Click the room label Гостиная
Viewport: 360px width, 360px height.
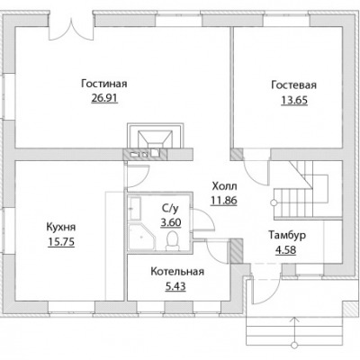tap(104, 84)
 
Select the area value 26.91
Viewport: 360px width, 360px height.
tap(104, 98)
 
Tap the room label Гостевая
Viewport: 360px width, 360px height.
tap(293, 85)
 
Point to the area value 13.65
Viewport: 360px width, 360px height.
tap(294, 100)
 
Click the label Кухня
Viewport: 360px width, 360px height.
tap(61, 227)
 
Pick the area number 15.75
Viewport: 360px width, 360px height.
tap(61, 242)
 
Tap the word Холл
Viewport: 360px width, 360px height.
tap(224, 186)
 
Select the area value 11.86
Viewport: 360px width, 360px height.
tap(224, 200)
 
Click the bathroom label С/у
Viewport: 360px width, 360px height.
tap(170, 208)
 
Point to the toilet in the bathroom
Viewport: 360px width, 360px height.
tap(173, 240)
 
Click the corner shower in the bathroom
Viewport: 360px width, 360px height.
tap(141, 237)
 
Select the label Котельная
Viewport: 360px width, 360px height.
tap(177, 272)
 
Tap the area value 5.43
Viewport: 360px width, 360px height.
tap(175, 286)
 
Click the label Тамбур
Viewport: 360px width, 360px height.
tap(287, 235)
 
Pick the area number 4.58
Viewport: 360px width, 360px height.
tap(286, 249)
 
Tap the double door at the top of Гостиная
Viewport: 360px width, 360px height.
tap(72, 29)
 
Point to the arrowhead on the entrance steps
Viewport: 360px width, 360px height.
tap(295, 319)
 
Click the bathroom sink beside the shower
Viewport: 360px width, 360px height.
tap(135, 209)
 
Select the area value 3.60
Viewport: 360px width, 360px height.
tap(171, 222)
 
